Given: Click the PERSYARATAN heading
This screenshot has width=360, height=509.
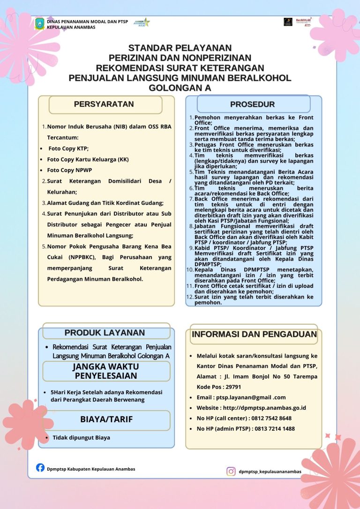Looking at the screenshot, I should (x=104, y=104).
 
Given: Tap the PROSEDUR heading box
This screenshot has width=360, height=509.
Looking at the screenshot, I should (x=253, y=104).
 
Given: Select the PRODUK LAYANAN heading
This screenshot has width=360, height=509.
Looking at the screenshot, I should (x=105, y=333).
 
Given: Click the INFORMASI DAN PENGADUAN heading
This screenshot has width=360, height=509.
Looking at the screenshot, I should (x=254, y=334).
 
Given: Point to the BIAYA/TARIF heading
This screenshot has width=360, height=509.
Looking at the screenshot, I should (x=106, y=419).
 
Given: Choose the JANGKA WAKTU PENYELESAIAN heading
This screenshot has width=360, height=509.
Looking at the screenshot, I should (x=105, y=371).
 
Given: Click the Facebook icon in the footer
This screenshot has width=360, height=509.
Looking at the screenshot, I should (x=40, y=467).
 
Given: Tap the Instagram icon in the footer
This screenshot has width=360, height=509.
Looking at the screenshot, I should (x=231, y=471).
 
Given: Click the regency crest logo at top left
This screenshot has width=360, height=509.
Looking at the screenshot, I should (x=40, y=24).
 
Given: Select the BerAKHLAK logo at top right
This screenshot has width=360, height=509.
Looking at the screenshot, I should (x=304, y=22).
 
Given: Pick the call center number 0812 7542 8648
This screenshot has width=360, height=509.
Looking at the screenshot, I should (x=270, y=418).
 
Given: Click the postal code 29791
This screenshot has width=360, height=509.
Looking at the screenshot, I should (x=233, y=387).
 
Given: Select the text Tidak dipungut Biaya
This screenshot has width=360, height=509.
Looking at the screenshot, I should (x=81, y=438).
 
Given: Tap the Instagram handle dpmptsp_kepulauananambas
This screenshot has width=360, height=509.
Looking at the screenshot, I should (x=270, y=472).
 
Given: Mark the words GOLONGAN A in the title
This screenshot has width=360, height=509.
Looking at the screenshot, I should (x=180, y=88).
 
